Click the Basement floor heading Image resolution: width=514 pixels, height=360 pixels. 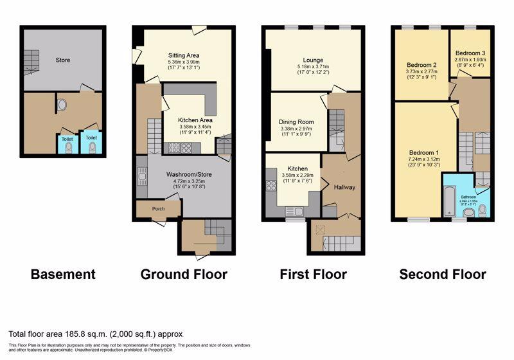click(x=63, y=274)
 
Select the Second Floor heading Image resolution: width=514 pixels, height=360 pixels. click(x=442, y=274)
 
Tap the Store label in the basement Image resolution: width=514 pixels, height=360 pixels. click(x=62, y=60)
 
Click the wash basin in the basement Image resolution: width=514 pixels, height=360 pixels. click(x=62, y=105)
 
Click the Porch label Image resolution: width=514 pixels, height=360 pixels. click(x=158, y=208)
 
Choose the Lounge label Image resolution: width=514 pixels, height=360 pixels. click(x=314, y=60)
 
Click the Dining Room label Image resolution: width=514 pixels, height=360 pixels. click(x=296, y=122)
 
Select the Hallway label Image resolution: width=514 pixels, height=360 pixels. click(x=345, y=187)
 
